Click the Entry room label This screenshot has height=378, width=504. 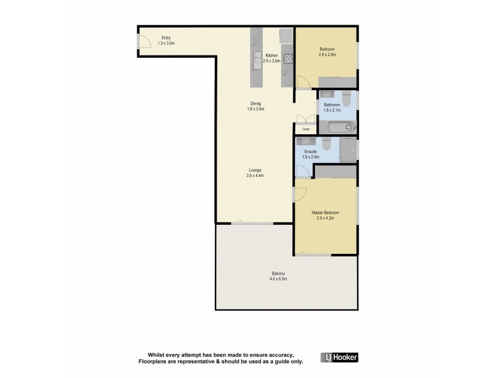click(x=166, y=38)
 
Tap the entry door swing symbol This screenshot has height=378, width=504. click(x=144, y=42)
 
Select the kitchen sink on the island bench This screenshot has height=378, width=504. click(x=257, y=59)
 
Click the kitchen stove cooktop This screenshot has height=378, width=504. click(x=287, y=59)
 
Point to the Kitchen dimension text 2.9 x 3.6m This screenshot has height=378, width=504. click(x=272, y=61)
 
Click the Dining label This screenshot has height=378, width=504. click(x=255, y=104)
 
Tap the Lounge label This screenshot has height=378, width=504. click(x=255, y=170)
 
